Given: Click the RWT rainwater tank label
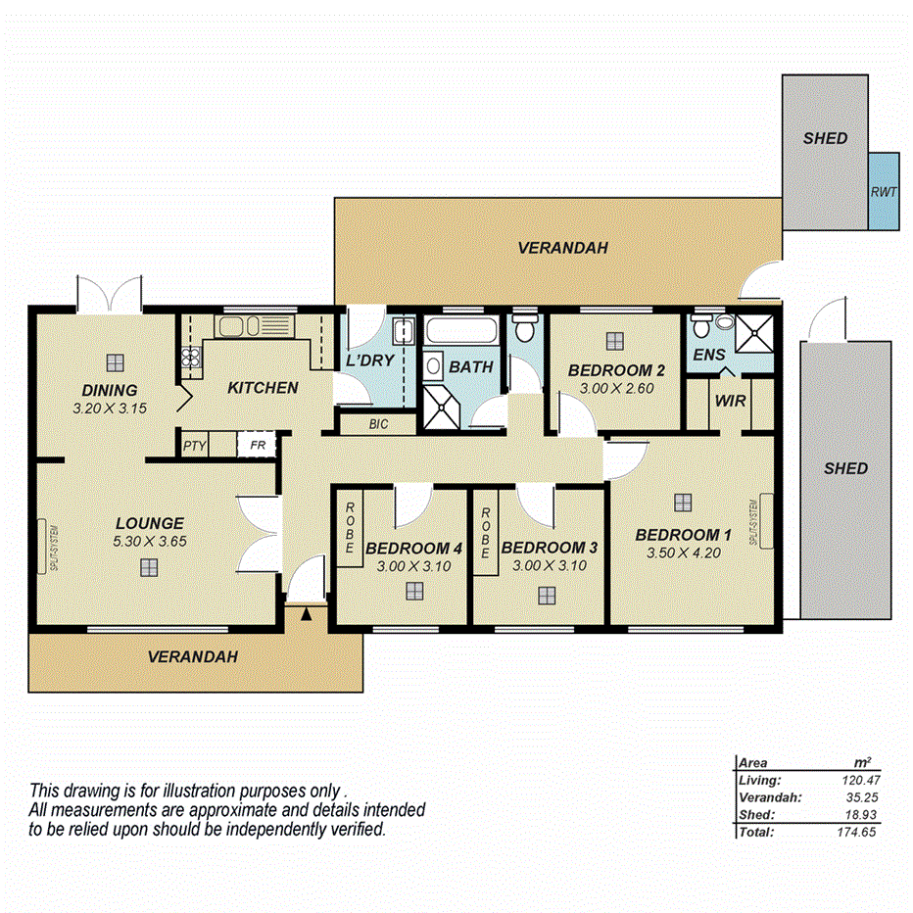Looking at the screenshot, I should (884, 192).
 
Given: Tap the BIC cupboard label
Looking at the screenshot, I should (379, 424).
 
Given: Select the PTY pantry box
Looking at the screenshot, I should (194, 445).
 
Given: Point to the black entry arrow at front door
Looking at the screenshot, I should (307, 614).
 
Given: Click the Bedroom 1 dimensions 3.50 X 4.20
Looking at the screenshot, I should (683, 553).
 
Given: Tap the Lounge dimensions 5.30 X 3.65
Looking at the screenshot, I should (149, 540).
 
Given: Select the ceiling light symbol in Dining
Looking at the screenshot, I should (116, 361).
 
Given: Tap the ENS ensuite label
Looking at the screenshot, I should (708, 354).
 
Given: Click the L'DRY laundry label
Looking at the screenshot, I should (370, 360).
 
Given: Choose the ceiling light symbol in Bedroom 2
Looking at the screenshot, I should (614, 340).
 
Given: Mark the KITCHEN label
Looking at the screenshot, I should (263, 388).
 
